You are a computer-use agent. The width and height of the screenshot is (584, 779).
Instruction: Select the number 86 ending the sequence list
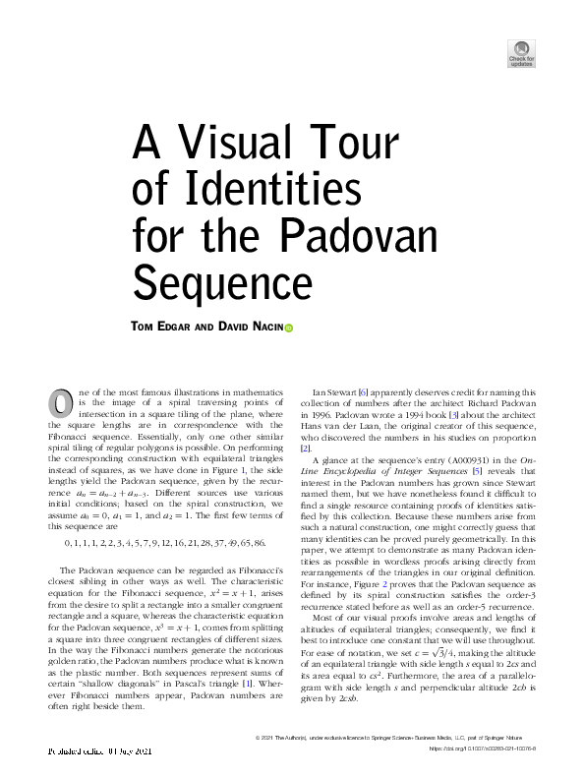tap(258, 542)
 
